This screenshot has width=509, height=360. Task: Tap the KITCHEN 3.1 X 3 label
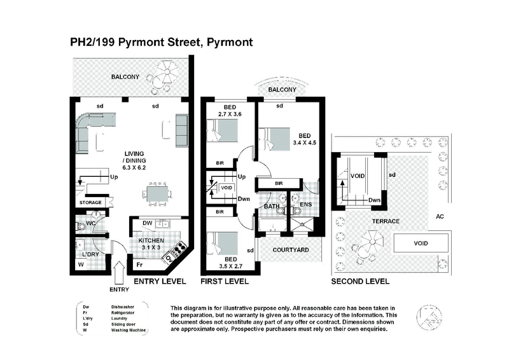(x=152, y=244)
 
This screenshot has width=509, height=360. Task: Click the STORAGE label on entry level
(x=90, y=203)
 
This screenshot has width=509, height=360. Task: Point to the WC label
(x=92, y=223)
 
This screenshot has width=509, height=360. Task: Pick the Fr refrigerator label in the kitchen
(x=139, y=263)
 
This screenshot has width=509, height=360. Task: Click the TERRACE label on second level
(x=386, y=221)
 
